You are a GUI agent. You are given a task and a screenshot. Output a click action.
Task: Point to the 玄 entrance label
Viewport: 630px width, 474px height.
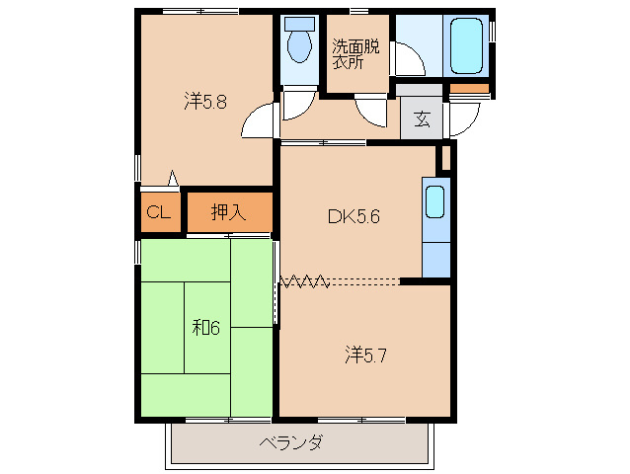click(422, 120)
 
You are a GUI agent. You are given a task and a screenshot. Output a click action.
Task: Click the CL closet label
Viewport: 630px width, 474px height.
click(159, 211)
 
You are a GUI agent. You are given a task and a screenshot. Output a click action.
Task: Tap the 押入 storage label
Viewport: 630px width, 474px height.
click(226, 211)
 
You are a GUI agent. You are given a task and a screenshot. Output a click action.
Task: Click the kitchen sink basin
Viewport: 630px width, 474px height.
click(434, 202)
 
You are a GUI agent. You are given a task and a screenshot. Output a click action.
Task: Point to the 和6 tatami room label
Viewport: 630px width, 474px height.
click(204, 328)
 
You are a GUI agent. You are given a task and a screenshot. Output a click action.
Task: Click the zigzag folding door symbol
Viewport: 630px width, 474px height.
click(304, 281)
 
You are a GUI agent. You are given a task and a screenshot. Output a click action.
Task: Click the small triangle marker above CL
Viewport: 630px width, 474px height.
click(173, 180)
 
